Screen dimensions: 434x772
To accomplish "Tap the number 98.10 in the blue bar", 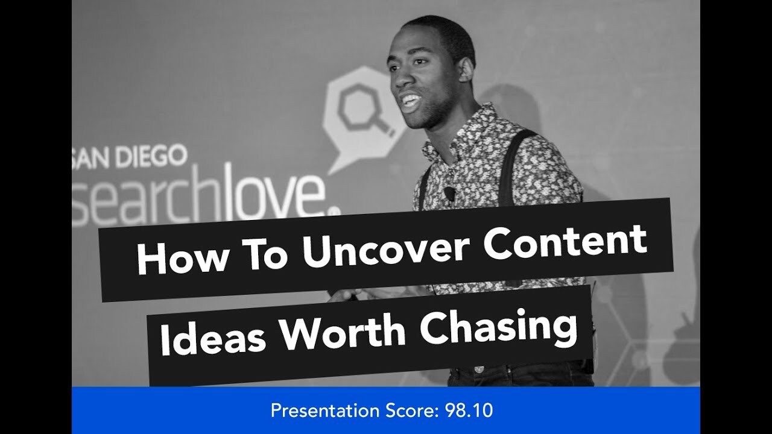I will point(469,411).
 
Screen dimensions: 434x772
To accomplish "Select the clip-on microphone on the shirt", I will point(449,193).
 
